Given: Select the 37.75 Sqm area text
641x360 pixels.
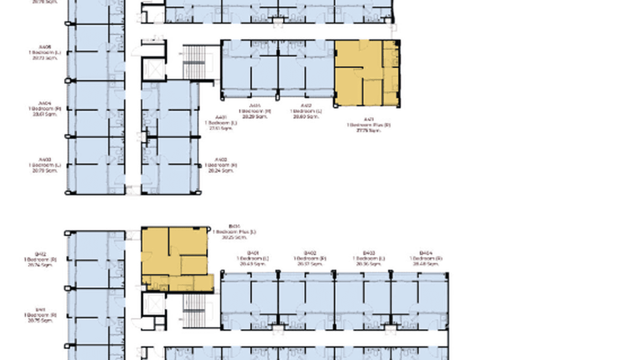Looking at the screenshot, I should point(368,130).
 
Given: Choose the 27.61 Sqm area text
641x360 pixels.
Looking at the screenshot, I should point(221,128).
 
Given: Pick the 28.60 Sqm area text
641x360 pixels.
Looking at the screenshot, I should point(306,116).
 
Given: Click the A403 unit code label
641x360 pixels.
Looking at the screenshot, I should point(45,160).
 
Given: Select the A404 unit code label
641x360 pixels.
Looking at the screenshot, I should point(45,103).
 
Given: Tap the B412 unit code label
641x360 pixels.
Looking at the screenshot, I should point(40,254).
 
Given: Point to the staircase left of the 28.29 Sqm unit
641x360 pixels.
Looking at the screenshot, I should point(194,62).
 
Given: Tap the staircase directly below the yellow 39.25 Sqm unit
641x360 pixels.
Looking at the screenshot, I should point(194,309).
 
